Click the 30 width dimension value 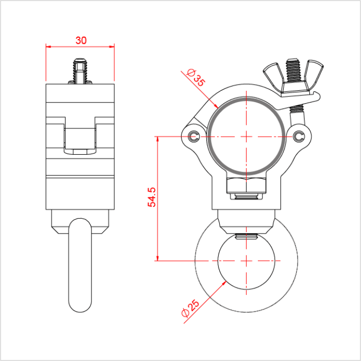(x=80, y=40)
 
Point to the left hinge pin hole (x=193, y=136)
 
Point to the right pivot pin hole (x=300, y=136)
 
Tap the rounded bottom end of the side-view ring (x=80, y=304)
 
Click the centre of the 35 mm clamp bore (x=247, y=136)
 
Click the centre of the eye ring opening (x=247, y=261)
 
